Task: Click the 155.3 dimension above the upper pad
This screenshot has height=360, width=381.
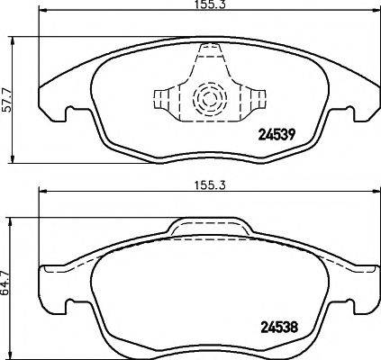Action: (205, 6)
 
